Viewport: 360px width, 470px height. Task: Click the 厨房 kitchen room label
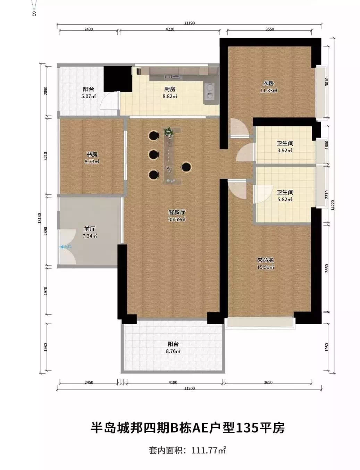[169, 89]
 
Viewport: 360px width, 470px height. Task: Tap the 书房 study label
[92, 154]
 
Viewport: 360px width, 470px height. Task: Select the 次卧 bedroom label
[268, 83]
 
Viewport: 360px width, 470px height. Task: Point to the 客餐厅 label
[177, 212]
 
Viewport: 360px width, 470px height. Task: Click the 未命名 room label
[265, 260]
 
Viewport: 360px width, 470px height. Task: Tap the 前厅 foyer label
[90, 229]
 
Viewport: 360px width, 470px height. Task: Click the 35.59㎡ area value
[177, 219]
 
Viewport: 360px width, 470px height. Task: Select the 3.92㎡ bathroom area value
[285, 150]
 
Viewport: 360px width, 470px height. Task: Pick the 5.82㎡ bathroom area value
[285, 199]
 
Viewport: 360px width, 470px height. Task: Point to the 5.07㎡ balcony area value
[88, 96]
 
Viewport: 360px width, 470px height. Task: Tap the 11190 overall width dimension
[190, 23]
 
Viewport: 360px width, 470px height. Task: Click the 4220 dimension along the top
[170, 29]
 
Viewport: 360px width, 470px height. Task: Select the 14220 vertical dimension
[333, 205]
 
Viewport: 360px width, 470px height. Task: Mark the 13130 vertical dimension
[39, 218]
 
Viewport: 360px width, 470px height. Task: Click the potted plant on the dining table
[168, 132]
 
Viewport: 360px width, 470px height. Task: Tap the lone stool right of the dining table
[186, 167]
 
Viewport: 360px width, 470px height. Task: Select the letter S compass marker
[34, 14]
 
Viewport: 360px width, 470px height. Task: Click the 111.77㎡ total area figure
[208, 450]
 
